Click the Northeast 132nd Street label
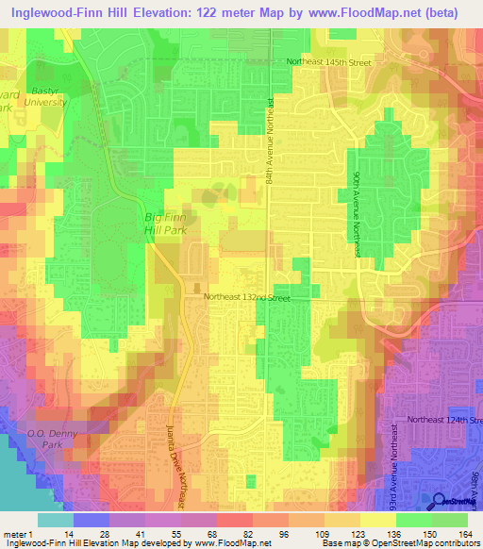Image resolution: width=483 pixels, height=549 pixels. [x=248, y=297]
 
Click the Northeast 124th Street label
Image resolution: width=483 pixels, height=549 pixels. [x=443, y=419]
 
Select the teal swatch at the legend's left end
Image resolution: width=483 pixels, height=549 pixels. [x=56, y=520]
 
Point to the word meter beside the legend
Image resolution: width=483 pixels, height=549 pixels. [x=17, y=533]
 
